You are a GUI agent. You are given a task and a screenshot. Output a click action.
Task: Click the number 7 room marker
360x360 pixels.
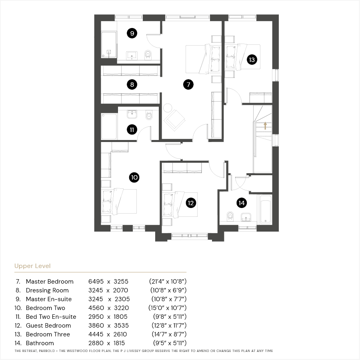188,84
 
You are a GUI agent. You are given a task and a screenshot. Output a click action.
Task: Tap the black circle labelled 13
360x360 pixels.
252,60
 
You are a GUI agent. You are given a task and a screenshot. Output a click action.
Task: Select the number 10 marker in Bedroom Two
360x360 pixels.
134,178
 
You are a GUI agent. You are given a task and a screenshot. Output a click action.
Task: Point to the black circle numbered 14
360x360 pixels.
242,203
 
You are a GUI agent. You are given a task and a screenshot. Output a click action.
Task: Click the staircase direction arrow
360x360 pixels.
265,126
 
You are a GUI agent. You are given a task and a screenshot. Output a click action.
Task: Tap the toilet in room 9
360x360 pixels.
148,55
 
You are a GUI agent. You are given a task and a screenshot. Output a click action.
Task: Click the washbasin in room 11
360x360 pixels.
132,114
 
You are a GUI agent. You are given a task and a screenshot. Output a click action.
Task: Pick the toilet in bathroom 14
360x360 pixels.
230,216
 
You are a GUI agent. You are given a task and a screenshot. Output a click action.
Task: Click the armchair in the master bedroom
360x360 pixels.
174,120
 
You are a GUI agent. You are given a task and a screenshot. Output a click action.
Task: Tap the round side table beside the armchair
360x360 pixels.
168,108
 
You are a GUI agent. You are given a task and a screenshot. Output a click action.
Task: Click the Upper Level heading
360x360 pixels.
32,266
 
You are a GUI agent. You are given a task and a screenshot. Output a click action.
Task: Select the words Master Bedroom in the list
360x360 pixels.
50,282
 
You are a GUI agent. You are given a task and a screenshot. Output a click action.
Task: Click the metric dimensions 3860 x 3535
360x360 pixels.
108,326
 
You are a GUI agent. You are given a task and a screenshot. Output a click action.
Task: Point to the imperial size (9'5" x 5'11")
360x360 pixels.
170,343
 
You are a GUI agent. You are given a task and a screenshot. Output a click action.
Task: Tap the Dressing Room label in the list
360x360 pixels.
47,290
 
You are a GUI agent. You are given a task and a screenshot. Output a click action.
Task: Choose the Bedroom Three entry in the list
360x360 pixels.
48,334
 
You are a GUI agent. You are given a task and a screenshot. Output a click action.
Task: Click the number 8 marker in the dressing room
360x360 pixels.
132,84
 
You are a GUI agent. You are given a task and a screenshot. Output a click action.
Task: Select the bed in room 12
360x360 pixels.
180,204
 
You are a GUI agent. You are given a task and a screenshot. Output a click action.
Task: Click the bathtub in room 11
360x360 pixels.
109,126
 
